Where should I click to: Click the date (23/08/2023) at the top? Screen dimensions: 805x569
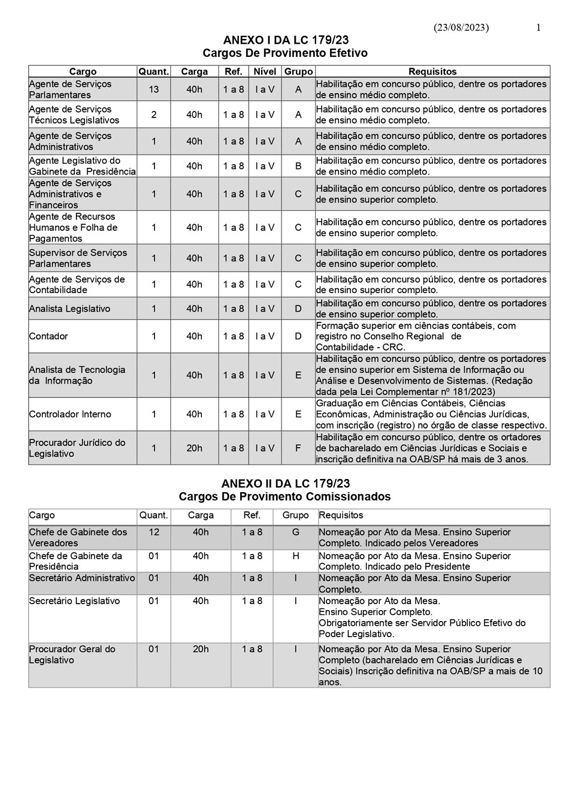[461, 28]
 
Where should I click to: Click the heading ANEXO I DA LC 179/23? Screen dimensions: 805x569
[285, 41]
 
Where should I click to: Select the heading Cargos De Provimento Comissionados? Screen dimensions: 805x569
[284, 497]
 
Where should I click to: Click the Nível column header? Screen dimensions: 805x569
[265, 72]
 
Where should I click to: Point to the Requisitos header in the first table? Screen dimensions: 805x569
[432, 72]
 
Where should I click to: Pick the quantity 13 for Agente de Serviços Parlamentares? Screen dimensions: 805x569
[154, 89]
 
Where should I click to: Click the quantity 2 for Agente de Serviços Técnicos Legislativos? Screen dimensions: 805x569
[154, 114]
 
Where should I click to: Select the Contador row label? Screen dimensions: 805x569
[49, 336]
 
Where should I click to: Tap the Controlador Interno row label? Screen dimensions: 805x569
[70, 414]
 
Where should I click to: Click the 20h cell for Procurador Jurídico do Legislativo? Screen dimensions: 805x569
[194, 448]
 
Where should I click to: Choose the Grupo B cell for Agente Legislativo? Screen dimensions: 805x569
[298, 166]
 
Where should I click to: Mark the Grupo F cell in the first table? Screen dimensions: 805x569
[298, 448]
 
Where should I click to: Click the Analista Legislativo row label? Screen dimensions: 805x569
[69, 309]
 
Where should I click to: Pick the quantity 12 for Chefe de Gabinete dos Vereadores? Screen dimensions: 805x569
[154, 532]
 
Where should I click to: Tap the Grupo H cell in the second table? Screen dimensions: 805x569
[296, 556]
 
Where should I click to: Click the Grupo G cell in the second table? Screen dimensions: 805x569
[296, 532]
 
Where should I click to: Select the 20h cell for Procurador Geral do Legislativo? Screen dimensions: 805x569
[201, 649]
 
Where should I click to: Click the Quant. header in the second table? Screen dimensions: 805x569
[154, 515]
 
